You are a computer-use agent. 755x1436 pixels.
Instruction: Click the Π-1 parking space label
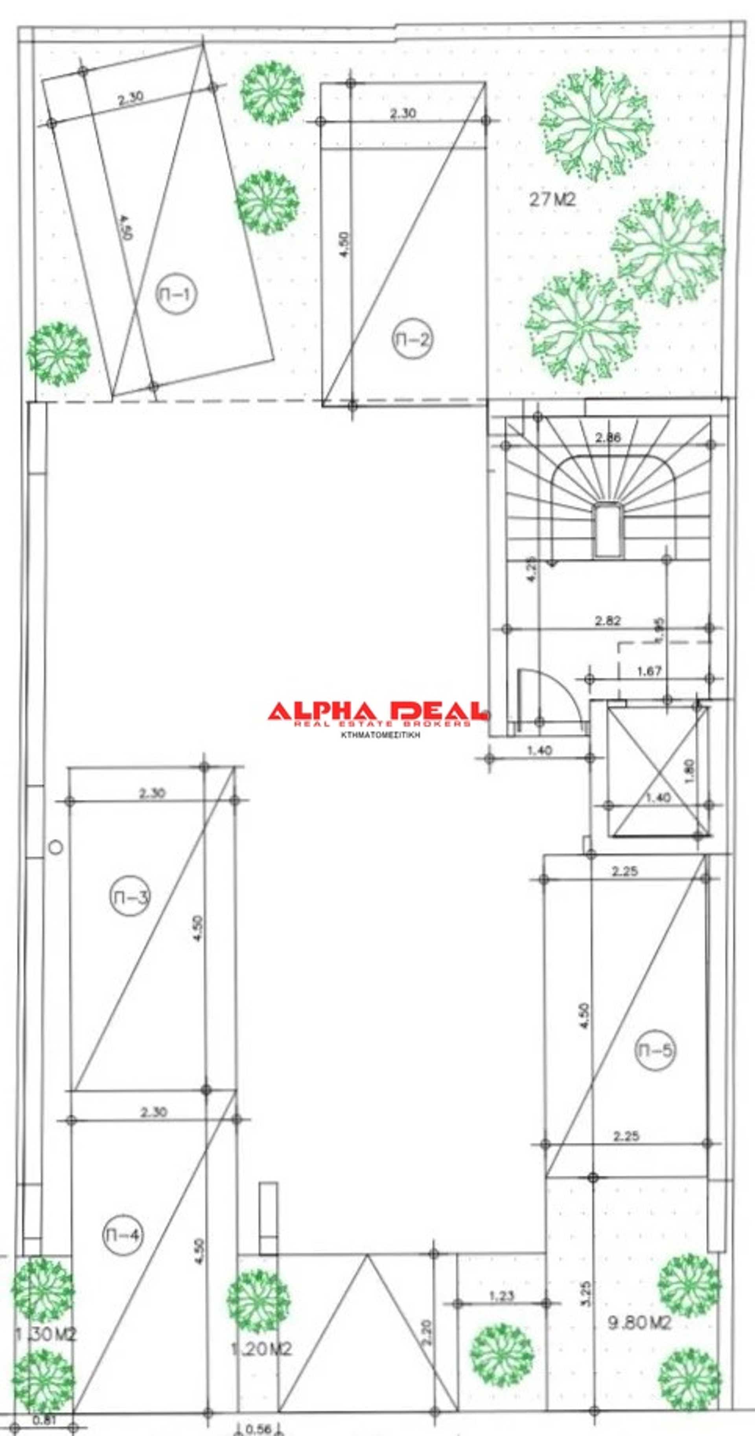(x=176, y=294)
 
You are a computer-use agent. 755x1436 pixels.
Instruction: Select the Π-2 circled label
(x=412, y=339)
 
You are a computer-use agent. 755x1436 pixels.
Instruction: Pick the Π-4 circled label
(x=123, y=1235)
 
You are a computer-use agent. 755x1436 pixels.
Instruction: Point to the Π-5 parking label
(x=655, y=1050)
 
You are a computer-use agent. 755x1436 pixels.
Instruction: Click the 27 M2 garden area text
(x=551, y=199)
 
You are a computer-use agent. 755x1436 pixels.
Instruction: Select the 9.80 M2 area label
(x=639, y=1323)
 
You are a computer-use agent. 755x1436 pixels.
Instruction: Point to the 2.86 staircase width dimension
(x=607, y=438)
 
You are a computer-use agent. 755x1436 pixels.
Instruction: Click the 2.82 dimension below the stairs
(x=607, y=620)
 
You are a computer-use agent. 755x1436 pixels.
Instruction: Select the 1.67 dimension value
(x=649, y=671)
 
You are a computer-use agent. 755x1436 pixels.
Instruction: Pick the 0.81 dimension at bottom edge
(x=44, y=1420)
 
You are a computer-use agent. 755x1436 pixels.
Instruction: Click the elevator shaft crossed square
(x=659, y=772)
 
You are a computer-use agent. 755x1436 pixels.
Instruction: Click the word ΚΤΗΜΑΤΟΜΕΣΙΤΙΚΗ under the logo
(x=380, y=735)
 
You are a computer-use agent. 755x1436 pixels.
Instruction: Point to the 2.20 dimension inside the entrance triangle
(x=427, y=1332)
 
